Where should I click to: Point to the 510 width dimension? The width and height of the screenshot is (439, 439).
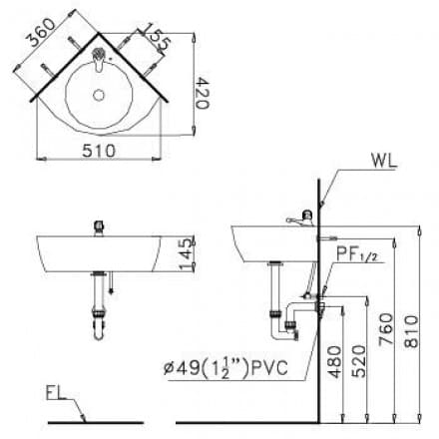point(100,150)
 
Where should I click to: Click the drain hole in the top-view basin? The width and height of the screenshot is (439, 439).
point(98,96)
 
